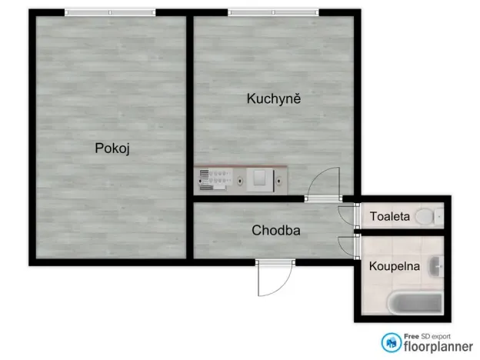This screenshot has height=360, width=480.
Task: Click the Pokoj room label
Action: tap(112, 148)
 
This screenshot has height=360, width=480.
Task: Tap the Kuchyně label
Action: tap(273, 98)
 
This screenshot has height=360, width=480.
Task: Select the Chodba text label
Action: tap(275, 230)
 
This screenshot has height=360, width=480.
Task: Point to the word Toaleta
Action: tap(389, 216)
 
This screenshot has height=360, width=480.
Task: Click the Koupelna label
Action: tap(394, 266)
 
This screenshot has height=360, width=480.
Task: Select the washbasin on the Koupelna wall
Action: tap(437, 266)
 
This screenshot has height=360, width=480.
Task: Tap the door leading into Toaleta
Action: tap(349, 216)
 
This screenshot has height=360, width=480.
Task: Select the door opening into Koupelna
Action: tap(349, 246)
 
